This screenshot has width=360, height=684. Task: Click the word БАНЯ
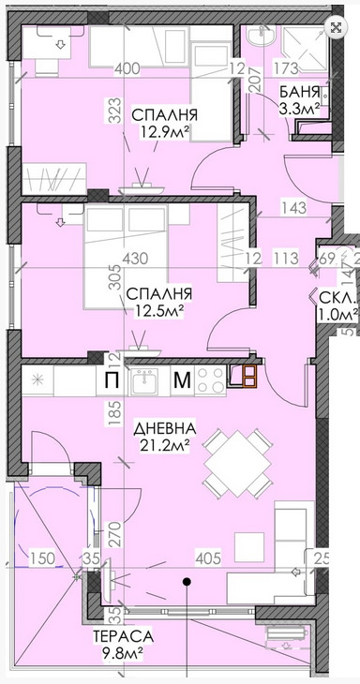pos(299,92)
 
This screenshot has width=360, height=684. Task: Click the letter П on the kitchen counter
pos(111,379)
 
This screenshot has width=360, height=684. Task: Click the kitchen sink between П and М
pos(145,379)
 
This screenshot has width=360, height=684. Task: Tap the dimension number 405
pos(207,560)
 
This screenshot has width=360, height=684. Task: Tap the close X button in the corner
pos(336,27)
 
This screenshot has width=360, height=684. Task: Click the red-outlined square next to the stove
pos(248,375)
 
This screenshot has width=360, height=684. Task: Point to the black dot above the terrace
pos(187,583)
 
